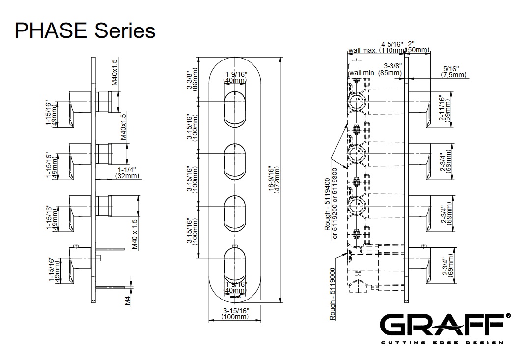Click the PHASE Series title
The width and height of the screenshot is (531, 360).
85,30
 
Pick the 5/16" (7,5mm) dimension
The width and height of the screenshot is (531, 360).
450,72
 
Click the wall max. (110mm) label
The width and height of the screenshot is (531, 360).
376,50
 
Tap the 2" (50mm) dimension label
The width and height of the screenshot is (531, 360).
418,47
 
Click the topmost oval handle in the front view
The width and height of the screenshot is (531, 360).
235,109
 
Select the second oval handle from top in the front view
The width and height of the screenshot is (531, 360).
235,160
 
